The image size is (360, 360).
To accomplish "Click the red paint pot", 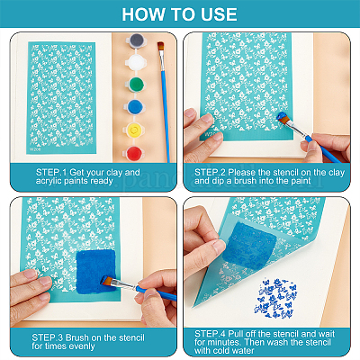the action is (x=133, y=152).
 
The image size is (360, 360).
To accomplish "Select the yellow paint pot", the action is (x=134, y=130).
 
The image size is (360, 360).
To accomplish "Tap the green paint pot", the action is (x=134, y=85).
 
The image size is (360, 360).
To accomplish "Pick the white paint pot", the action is (x=135, y=62).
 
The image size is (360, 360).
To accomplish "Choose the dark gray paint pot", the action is (x=137, y=40).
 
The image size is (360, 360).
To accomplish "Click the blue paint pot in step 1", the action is (x=134, y=107).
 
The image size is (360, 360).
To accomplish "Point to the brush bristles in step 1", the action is (x=161, y=47).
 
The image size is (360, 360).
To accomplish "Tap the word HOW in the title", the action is (x=140, y=14).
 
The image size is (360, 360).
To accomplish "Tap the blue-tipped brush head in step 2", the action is (x=283, y=117).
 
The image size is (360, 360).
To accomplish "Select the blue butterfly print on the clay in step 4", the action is (x=275, y=298).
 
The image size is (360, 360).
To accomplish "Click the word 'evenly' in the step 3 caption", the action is (x=82, y=346).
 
